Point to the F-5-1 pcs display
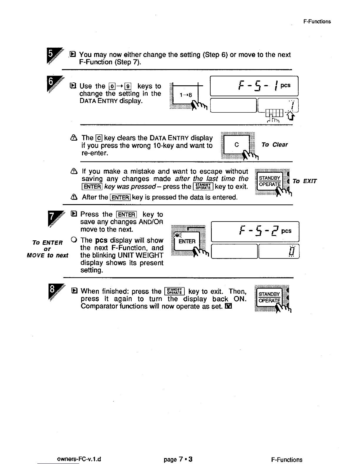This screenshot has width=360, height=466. tap(254, 86)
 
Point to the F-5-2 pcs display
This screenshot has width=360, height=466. tap(255, 232)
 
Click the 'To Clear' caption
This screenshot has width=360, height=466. tap(274, 145)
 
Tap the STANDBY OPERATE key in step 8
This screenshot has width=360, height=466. tap(269, 297)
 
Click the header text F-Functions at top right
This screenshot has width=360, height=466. tap(317, 21)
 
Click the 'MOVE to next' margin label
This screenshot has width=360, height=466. tap(47, 255)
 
